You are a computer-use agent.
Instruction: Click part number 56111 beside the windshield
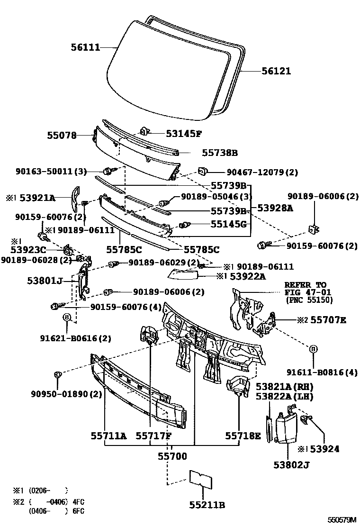(x=85, y=47)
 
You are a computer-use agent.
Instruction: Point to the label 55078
(x=62, y=136)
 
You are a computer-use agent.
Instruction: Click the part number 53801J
(x=45, y=281)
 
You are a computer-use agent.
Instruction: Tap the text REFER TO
(x=305, y=285)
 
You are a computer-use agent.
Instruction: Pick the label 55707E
(x=329, y=320)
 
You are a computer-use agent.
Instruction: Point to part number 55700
(x=172, y=456)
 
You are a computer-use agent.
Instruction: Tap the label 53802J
(x=291, y=465)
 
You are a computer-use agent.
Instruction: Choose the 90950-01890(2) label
(x=67, y=394)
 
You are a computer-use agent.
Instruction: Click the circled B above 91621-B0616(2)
(x=67, y=318)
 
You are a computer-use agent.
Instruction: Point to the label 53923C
(x=28, y=249)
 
